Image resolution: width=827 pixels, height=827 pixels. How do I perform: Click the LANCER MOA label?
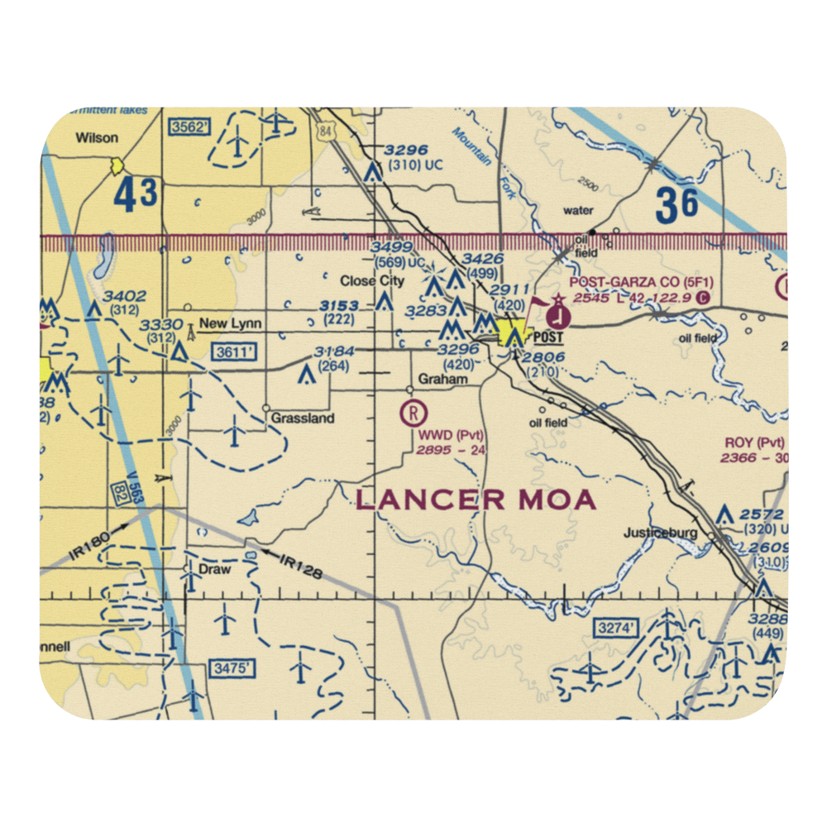click(x=476, y=500)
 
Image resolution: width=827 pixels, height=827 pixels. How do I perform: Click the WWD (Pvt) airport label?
click(x=451, y=435)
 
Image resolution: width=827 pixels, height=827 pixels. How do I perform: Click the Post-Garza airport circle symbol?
click(x=559, y=314)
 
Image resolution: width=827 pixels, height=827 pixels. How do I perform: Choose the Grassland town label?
click(x=303, y=418)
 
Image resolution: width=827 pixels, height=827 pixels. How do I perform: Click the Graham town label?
click(x=443, y=380)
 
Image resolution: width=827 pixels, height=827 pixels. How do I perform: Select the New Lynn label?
click(x=218, y=327)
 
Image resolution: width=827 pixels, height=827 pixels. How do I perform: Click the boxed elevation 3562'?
click(x=189, y=127)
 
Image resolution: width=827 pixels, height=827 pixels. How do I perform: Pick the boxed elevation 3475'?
click(x=229, y=667)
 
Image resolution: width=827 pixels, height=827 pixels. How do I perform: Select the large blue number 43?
click(x=134, y=195)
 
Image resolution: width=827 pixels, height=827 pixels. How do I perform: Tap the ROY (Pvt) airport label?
click(x=754, y=442)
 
